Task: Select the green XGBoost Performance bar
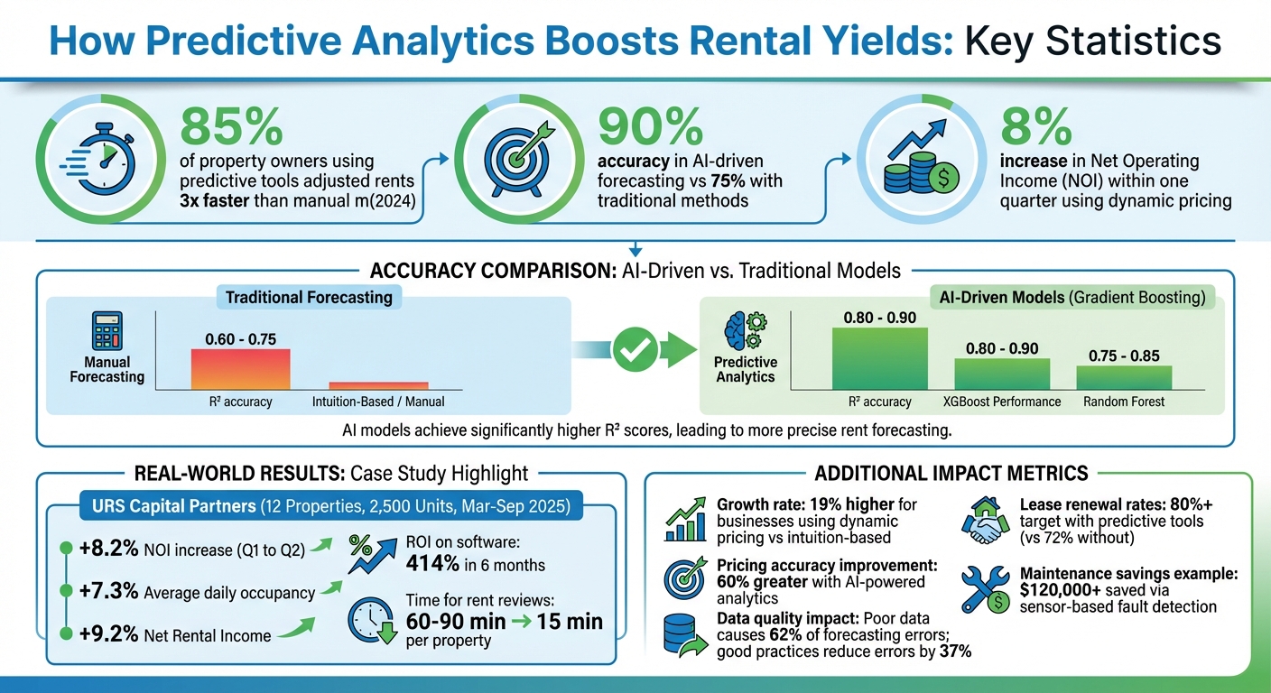coord(1002,374)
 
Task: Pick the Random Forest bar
coord(1123,377)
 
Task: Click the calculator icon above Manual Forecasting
coord(107,330)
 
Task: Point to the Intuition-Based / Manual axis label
coord(378,402)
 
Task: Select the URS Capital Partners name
coord(173,506)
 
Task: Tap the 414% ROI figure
coord(429,565)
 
